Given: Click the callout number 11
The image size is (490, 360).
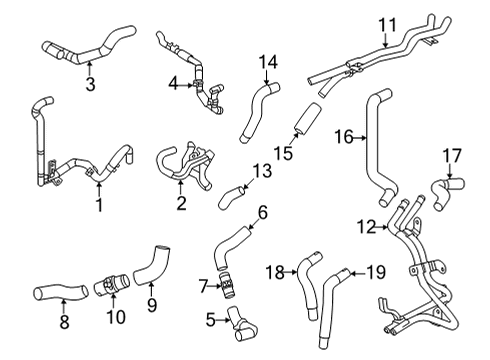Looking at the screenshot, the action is [x=388, y=25].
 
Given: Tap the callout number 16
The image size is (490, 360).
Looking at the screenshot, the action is [x=344, y=137].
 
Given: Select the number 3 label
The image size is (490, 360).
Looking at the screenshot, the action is [x=90, y=84].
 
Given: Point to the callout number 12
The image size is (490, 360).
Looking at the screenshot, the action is [x=366, y=227].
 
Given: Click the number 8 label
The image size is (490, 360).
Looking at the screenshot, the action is [x=64, y=322].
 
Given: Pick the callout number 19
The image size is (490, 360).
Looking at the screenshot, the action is [x=376, y=272].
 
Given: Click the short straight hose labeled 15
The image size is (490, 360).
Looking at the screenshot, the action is [x=307, y=119].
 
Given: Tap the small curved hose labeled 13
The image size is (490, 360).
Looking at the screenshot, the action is [x=232, y=197].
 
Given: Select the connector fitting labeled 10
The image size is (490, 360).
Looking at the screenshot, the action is [x=111, y=284].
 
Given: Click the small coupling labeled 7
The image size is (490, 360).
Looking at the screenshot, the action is [x=226, y=284].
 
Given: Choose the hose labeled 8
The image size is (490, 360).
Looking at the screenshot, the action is [x=61, y=292].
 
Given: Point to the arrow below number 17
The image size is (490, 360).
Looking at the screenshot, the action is [x=449, y=171].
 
